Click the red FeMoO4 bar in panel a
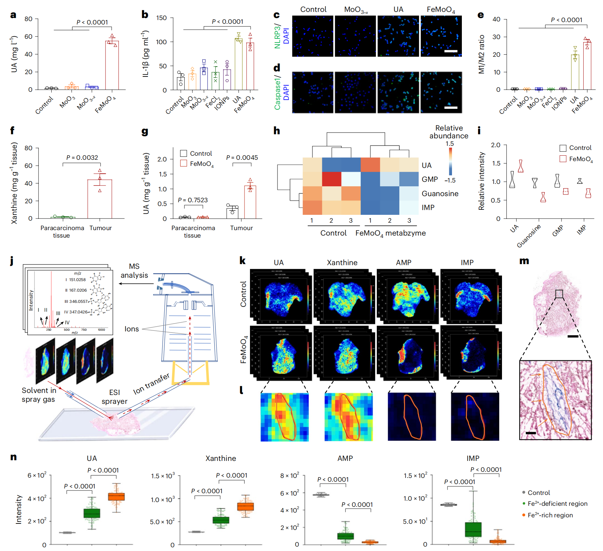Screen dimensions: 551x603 point(112,65)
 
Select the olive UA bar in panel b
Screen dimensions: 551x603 point(238,64)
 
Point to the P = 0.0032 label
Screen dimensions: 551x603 point(82,158)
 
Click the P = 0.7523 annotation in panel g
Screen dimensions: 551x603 point(193,200)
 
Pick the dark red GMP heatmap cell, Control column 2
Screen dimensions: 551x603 point(331,179)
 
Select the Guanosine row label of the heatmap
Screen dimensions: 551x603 point(440,194)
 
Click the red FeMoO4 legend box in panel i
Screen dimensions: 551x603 point(563,159)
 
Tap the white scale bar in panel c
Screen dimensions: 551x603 point(451,51)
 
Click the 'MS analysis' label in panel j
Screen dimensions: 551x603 point(134,271)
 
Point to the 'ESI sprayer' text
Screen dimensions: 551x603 point(115,397)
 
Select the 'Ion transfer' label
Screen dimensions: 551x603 point(151,384)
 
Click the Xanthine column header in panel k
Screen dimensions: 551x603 point(342,263)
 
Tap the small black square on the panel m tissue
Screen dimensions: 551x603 point(559,294)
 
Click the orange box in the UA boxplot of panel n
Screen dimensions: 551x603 point(116,497)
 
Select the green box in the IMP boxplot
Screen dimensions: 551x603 point(473,529)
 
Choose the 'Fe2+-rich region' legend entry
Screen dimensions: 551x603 point(550,515)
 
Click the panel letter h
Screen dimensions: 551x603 point(277,131)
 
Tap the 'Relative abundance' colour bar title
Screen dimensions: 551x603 point(449,132)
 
